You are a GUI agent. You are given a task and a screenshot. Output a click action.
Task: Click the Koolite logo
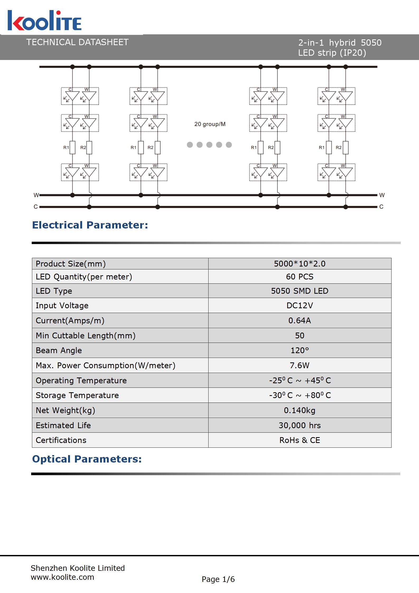coord(44,21)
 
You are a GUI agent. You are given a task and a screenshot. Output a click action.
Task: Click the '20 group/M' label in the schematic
coord(210,124)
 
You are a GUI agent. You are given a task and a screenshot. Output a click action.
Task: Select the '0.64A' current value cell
coord(299,320)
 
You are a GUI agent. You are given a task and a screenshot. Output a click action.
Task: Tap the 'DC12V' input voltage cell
coord(299,305)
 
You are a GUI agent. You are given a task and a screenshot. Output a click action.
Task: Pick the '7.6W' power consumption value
coord(299,365)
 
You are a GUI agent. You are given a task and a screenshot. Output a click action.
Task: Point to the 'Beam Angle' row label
coord(59,350)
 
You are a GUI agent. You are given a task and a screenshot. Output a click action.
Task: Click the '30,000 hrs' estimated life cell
coord(299,425)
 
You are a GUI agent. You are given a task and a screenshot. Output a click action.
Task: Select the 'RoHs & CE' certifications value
coord(299,440)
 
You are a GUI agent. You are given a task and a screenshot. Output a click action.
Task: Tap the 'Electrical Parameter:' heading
coord(90,225)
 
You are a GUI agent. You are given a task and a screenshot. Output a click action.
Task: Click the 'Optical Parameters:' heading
coord(87,459)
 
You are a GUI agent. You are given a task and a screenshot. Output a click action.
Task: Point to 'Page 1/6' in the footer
coord(218,579)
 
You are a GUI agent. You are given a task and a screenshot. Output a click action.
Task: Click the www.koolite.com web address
coord(63,577)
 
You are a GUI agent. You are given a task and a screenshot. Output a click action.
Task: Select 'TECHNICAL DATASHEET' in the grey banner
coord(77,42)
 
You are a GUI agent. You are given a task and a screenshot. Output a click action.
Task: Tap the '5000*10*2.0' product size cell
coord(299,264)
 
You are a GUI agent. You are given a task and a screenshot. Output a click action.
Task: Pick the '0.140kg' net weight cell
coord(299,410)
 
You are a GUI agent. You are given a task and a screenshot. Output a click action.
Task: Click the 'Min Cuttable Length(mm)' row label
coord(86,335)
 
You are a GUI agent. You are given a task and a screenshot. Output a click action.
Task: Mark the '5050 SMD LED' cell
coord(299,291)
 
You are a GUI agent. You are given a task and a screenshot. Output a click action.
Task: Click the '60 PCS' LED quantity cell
coord(299,277)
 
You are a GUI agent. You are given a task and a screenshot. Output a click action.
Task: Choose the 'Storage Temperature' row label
coord(77,395)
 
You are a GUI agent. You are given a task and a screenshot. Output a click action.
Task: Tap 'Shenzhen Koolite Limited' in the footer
coord(78,568)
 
